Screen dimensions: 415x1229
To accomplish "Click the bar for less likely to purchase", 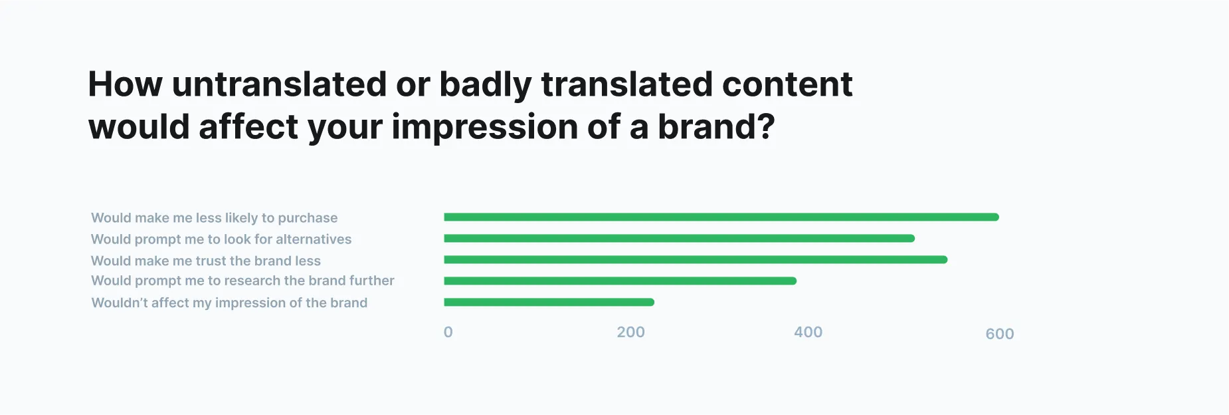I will click(x=721, y=217).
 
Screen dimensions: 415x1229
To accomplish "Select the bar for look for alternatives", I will click(x=679, y=238).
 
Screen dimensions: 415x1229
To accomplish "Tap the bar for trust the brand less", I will click(x=695, y=259).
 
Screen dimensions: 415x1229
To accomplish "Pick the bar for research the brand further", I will click(x=620, y=281).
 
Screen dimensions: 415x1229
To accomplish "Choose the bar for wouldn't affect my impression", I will click(x=549, y=302).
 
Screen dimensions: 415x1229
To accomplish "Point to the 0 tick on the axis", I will click(x=448, y=332).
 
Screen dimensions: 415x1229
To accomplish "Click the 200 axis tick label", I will click(x=630, y=332).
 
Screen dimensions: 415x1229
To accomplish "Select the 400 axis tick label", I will click(x=808, y=332).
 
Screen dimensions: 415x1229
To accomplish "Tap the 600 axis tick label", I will click(x=999, y=334).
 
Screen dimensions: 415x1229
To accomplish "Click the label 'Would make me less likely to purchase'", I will click(x=214, y=217).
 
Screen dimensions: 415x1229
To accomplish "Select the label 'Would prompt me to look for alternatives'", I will click(x=221, y=239).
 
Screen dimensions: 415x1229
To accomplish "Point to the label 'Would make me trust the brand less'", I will click(x=206, y=261).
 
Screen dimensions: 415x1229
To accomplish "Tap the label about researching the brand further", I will click(x=242, y=281).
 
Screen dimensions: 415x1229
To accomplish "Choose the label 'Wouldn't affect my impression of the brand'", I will click(x=229, y=303).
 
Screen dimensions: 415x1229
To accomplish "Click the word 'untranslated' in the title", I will click(x=279, y=84).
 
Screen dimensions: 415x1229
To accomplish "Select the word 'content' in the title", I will click(x=787, y=84).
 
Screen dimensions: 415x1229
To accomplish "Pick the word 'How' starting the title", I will click(x=125, y=84).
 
